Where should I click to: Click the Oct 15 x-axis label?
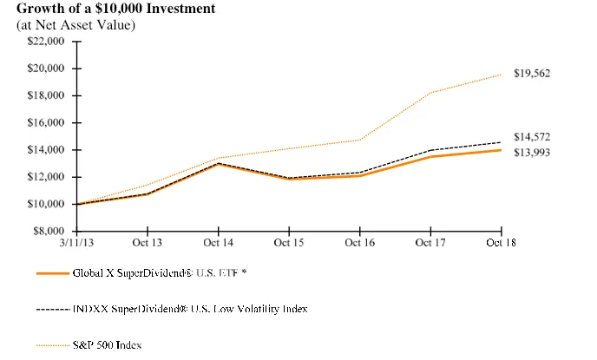pos(289,243)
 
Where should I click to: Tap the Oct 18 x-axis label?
pos(502,243)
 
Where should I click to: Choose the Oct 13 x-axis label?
pos(148,243)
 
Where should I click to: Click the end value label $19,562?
pos(531,74)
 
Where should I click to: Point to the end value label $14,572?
pos(531,137)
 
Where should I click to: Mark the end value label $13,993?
pos(531,153)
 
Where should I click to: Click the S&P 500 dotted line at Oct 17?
pos(430,93)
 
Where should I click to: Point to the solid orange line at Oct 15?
pos(289,179)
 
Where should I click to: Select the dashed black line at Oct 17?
pos(430,150)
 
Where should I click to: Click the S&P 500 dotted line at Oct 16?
pos(359,140)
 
